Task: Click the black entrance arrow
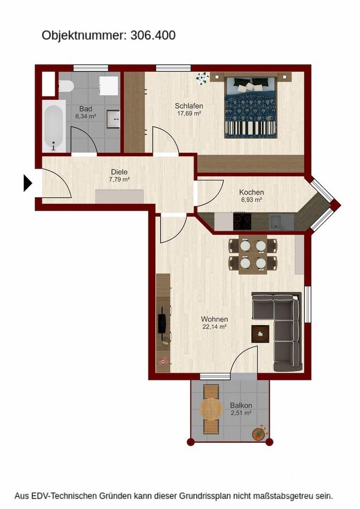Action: coord(28,183)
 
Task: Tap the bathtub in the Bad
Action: coord(54,126)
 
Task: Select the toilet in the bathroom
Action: coord(66,87)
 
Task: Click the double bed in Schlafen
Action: coord(250,107)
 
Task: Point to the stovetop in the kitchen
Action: coord(242,222)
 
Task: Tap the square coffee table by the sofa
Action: coord(261,334)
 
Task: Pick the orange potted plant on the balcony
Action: coord(259,433)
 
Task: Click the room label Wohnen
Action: coord(214,320)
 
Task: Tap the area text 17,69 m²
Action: coord(189,113)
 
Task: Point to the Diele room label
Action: coord(120,172)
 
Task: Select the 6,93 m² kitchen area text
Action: coord(252,200)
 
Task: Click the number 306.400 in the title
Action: coord(153,35)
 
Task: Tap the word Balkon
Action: coord(241,405)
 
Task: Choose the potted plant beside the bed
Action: coord(203,78)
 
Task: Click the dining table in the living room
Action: coord(253,255)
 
